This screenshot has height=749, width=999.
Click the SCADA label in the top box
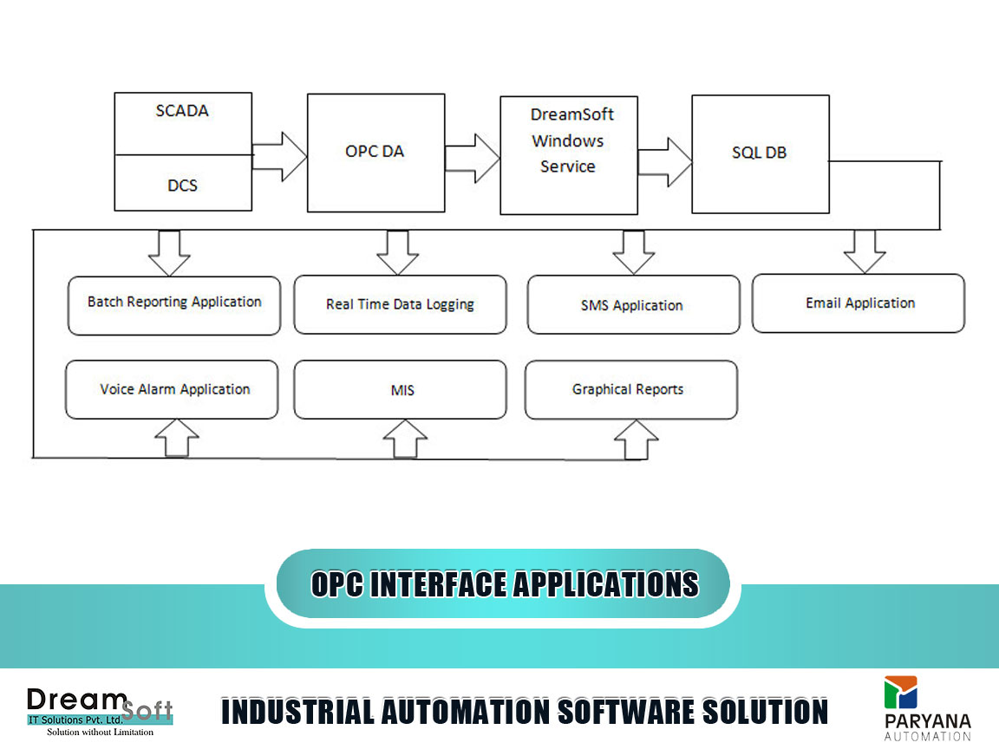[182, 111]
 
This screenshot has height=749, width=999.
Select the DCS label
[182, 186]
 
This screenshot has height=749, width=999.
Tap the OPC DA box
[375, 153]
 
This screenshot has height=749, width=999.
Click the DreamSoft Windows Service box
[569, 155]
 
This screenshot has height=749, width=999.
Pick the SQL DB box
[761, 154]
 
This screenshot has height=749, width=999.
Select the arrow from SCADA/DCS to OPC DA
[280, 157]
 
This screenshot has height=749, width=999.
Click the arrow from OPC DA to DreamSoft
[472, 158]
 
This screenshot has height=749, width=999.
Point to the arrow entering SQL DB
[665, 162]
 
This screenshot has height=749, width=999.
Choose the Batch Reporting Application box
[174, 306]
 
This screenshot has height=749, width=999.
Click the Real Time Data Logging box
[400, 304]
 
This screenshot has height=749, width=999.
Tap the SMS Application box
[634, 304]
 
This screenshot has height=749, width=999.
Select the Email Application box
[859, 303]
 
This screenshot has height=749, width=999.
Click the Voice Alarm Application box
[172, 390]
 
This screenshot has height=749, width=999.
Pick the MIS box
[400, 390]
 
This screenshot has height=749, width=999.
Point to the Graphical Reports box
[631, 390]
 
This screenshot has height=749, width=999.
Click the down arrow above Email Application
[865, 252]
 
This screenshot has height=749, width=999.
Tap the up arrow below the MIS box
[405, 439]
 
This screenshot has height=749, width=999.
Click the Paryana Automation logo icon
[901, 693]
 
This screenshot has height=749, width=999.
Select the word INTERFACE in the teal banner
[438, 584]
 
